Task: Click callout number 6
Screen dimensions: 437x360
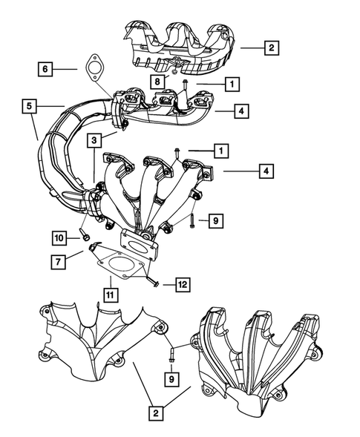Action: pos(45,69)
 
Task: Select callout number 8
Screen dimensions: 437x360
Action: pos(158,80)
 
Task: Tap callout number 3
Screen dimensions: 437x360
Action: pos(94,139)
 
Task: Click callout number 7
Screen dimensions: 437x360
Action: pos(56,260)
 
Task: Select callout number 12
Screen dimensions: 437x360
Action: pos(182,284)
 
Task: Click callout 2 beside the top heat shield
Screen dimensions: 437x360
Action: pos(271,48)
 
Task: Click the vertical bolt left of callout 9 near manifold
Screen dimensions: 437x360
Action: pos(192,220)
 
